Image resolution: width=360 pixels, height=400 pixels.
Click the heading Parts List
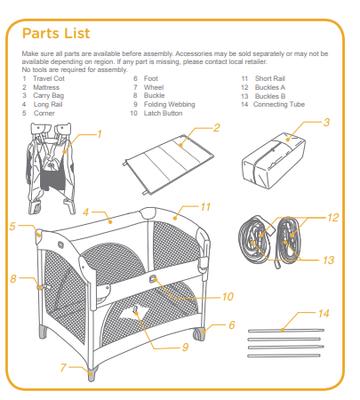56,33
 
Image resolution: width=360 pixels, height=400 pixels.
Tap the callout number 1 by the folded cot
99,134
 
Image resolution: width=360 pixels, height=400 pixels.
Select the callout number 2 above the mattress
216,128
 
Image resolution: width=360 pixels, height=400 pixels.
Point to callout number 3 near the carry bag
327,122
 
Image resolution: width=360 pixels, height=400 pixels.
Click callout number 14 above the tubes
323,313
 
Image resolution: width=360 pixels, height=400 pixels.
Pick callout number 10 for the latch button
228,296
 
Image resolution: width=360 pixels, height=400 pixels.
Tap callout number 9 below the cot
185,347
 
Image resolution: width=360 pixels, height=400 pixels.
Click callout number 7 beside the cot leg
63,368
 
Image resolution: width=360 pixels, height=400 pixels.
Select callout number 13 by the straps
328,260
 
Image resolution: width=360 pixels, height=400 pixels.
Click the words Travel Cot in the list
49,79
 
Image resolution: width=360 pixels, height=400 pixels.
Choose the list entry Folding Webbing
169,105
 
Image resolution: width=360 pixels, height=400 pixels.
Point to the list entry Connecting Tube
279,105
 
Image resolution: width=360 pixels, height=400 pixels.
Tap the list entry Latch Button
163,113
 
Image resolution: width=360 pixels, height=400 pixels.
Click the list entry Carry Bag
49,96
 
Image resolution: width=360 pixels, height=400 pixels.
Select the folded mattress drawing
168,163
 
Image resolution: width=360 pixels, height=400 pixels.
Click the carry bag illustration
273,158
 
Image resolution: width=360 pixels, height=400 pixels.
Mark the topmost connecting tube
286,331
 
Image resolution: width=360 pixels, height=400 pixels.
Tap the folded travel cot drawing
51,168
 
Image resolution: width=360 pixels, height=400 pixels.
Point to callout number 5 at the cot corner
13,226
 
